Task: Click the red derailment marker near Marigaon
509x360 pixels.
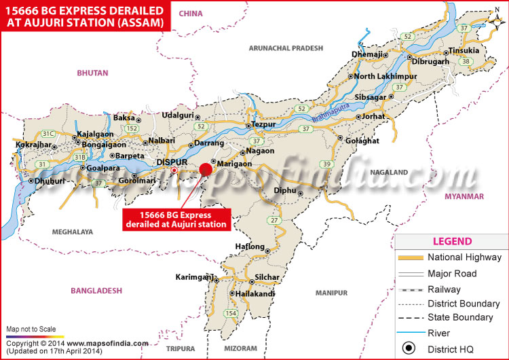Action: click(x=206, y=168)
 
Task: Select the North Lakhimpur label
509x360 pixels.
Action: click(x=383, y=77)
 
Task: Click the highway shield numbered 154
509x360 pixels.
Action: click(x=231, y=312)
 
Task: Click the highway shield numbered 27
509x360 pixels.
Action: click(x=274, y=220)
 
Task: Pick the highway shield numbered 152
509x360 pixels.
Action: click(x=132, y=128)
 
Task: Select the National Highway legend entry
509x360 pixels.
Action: click(x=464, y=257)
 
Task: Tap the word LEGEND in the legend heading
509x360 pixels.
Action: click(x=453, y=241)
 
